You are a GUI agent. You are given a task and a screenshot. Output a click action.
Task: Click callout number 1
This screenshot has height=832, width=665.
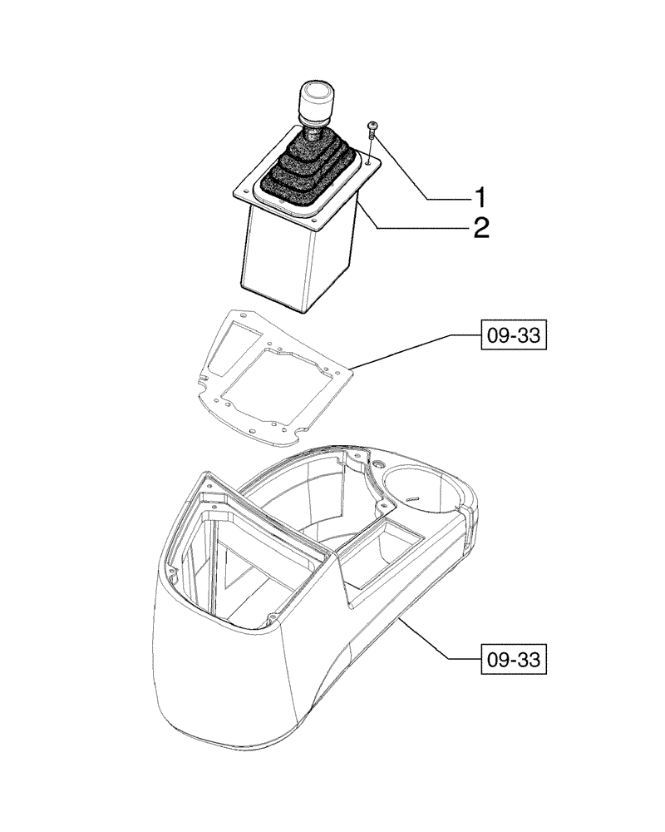click(x=480, y=198)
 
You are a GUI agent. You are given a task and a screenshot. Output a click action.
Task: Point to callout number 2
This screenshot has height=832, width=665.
click(x=480, y=227)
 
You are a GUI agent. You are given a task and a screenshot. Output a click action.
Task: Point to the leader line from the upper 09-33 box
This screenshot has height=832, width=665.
click(x=407, y=349)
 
